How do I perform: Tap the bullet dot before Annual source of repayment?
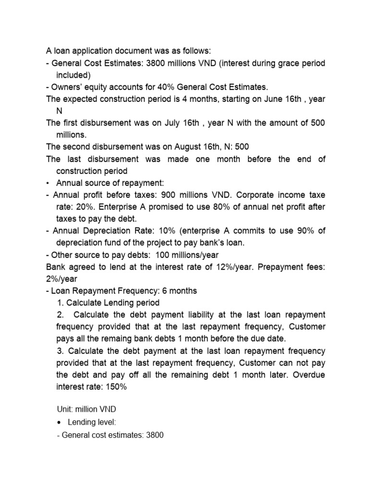pos(48,183)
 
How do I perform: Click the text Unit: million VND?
pos(86,409)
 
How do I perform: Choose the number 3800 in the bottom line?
pos(153,435)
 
